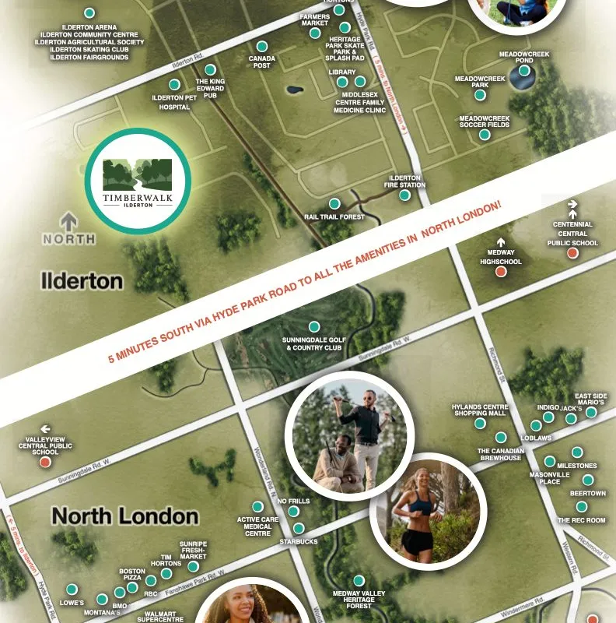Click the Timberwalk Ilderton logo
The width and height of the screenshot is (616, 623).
(138, 181)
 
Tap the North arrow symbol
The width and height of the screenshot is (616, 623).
(68, 222)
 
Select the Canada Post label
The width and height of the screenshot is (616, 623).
(261, 62)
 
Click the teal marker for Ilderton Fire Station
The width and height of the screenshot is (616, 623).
(404, 195)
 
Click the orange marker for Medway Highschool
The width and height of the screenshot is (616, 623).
(501, 273)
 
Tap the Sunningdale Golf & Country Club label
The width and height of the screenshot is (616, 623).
(313, 343)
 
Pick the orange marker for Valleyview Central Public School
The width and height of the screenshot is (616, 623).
(45, 462)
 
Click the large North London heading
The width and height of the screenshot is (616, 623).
(124, 516)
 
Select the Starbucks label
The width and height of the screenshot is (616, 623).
(299, 541)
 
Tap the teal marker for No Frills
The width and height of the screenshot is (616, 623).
(293, 512)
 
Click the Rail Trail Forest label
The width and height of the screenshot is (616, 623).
(334, 216)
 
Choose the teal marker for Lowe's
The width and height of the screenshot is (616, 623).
(72, 590)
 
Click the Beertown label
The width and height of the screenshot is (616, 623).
(587, 494)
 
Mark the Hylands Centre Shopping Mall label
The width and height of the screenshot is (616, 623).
(480, 410)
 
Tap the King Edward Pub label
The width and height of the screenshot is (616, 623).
(210, 87)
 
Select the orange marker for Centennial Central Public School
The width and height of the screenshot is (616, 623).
(572, 252)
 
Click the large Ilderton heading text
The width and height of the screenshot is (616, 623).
(82, 280)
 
